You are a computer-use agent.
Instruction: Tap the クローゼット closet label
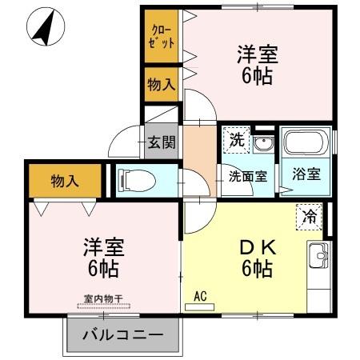[x=161, y=36]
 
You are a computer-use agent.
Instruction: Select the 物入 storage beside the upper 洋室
[x=161, y=84]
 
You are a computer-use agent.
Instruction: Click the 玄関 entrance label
[x=161, y=142]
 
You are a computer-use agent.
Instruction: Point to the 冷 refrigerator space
[x=309, y=214]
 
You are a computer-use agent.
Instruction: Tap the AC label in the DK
[x=200, y=295]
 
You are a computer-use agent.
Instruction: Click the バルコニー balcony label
[x=122, y=334]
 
